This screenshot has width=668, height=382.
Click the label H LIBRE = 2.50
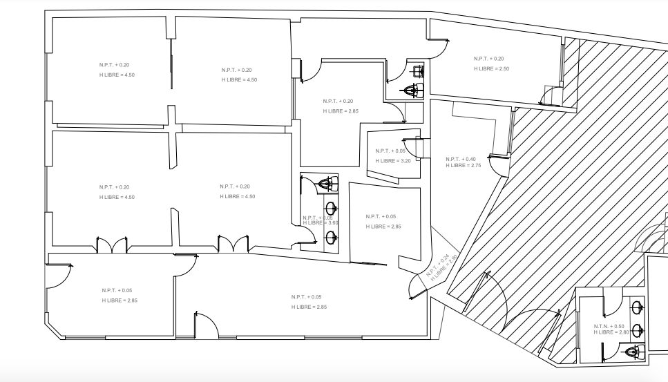coord(491,68)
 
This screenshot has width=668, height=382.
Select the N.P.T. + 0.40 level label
coord(461,159)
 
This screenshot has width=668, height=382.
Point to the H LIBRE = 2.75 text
coord(463,166)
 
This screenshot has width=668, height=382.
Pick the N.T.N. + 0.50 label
coord(609,326)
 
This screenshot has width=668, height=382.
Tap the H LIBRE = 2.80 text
coord(611,333)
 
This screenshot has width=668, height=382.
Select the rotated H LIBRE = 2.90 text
coord(445,269)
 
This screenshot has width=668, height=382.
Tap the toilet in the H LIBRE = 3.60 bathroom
coord(329,184)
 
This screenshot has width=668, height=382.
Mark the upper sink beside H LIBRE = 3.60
coord(332,208)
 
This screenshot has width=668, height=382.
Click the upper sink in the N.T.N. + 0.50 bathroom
coord(638,306)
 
